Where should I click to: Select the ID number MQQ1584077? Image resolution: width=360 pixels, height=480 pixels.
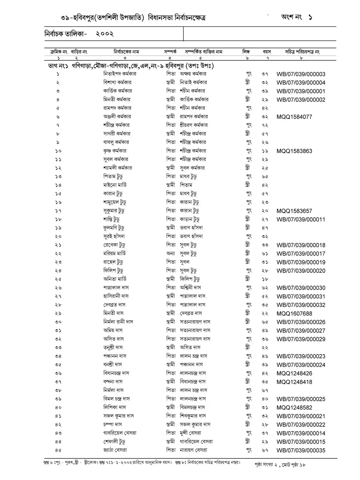click(x=294, y=117)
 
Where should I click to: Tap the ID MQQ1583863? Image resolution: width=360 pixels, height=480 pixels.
click(x=294, y=151)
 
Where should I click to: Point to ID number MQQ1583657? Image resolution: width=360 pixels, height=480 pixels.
click(x=294, y=211)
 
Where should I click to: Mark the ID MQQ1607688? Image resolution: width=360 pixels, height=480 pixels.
click(x=294, y=314)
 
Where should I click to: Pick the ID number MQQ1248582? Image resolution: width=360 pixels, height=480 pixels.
click(x=294, y=408)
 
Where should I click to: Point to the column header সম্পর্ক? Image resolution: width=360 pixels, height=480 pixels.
click(x=170, y=52)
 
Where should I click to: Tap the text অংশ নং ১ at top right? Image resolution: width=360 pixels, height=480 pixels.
click(x=296, y=18)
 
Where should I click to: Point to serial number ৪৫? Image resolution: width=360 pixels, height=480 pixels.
click(x=58, y=450)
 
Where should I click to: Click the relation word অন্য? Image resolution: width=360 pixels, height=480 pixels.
click(x=170, y=254)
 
